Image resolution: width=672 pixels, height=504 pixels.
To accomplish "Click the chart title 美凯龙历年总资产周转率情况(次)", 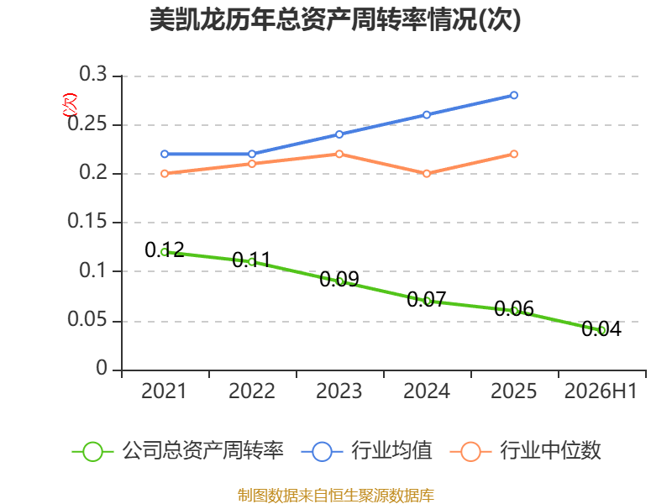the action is click(335, 19).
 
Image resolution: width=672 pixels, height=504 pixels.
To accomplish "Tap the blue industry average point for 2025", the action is click(514, 95).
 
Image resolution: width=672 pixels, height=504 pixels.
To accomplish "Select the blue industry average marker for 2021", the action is click(165, 154).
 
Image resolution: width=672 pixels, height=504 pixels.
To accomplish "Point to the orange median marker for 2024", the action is click(427, 174).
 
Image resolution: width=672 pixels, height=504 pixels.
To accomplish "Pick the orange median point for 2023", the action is click(339, 154).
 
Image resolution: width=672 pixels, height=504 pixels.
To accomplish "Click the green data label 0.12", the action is click(165, 249).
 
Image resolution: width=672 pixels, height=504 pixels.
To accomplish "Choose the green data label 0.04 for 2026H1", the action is click(601, 328).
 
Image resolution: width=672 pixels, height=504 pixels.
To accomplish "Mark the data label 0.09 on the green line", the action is click(339, 280).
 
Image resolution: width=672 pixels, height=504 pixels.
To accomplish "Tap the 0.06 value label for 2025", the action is click(514, 308).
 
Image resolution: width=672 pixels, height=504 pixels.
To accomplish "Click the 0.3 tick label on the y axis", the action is click(93, 74).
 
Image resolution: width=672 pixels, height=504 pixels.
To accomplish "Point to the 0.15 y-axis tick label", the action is click(87, 221).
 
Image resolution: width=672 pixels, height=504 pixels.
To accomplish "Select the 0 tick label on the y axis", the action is click(102, 368).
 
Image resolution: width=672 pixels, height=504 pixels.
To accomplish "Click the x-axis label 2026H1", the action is click(601, 391).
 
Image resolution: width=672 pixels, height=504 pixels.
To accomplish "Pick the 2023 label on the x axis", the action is click(339, 391).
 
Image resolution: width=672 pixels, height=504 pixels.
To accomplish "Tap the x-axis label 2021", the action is click(164, 391).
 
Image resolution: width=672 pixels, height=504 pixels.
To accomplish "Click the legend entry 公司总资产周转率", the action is click(178, 451).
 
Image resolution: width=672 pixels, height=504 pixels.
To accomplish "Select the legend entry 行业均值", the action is click(367, 451).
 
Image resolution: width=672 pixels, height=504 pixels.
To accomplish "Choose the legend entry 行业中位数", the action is click(526, 451).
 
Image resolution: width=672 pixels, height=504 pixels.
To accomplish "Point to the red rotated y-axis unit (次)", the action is click(70, 105).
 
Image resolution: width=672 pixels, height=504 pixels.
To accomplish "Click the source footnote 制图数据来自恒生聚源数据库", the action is click(336, 496).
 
